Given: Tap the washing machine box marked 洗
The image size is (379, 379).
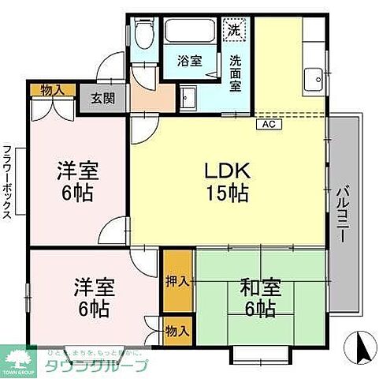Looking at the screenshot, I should pyautogui.click(x=233, y=30).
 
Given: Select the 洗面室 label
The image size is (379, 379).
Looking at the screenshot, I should pyautogui.click(x=235, y=72).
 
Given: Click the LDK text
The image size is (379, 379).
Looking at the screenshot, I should pyautogui.click(x=228, y=170).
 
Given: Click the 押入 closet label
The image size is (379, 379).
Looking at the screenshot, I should pyautogui.click(x=178, y=281).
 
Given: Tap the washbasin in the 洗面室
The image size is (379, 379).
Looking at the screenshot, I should pyautogui.click(x=189, y=99).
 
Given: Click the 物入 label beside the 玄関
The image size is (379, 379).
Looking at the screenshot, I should pyautogui.click(x=53, y=91).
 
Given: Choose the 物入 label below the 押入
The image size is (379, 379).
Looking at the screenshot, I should pyautogui.click(x=178, y=329).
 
